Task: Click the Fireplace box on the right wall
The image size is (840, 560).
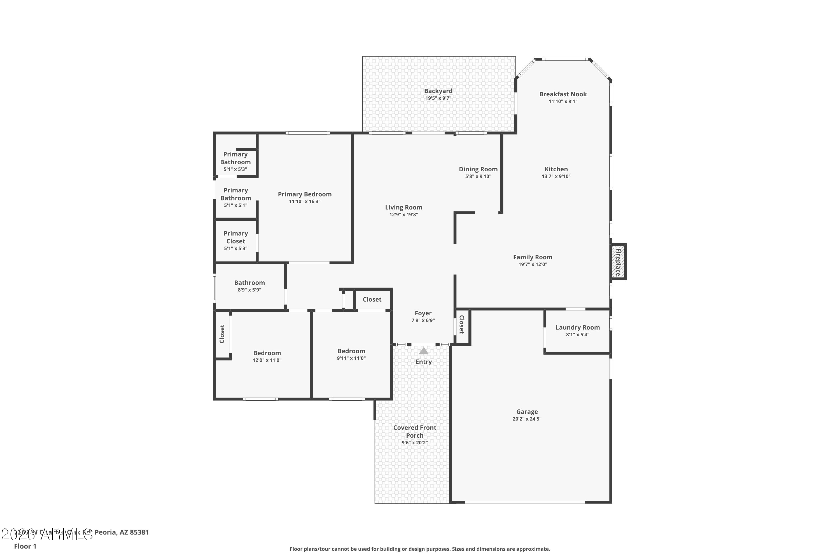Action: point(618,262)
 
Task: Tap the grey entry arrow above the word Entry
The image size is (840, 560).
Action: point(424,351)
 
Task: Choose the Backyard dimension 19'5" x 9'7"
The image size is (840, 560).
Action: point(438,98)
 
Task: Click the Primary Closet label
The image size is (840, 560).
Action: point(236,237)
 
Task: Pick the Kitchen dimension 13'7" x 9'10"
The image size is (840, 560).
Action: point(556,176)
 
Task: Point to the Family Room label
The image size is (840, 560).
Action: point(533,257)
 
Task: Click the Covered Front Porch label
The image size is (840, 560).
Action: point(415,431)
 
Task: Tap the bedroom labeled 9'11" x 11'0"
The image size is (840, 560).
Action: point(351,354)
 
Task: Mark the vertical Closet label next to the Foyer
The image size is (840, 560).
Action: point(461,324)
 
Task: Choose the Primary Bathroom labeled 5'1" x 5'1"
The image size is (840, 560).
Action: point(236,197)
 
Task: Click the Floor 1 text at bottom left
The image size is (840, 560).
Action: point(25,546)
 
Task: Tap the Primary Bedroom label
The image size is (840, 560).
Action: point(305,194)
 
